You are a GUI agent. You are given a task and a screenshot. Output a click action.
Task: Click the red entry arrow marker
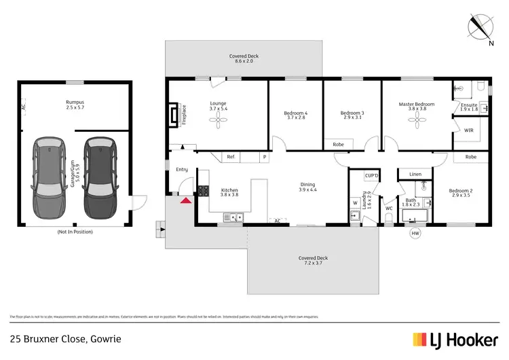[x=184, y=199]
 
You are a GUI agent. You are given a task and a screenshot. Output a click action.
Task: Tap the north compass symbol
[x=483, y=26]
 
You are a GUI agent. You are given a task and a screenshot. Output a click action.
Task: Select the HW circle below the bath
[x=415, y=234]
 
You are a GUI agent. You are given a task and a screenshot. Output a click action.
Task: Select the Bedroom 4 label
[x=295, y=115]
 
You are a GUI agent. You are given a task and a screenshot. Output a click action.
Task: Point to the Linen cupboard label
[x=415, y=175]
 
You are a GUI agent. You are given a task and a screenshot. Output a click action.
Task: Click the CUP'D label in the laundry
[x=371, y=176]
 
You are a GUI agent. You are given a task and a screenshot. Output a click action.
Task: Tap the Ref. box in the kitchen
[x=231, y=158]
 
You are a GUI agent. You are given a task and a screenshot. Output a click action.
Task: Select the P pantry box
[x=264, y=158]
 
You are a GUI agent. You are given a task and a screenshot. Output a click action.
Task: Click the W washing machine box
[x=355, y=202]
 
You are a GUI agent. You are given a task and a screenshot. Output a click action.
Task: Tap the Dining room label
[x=308, y=187]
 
